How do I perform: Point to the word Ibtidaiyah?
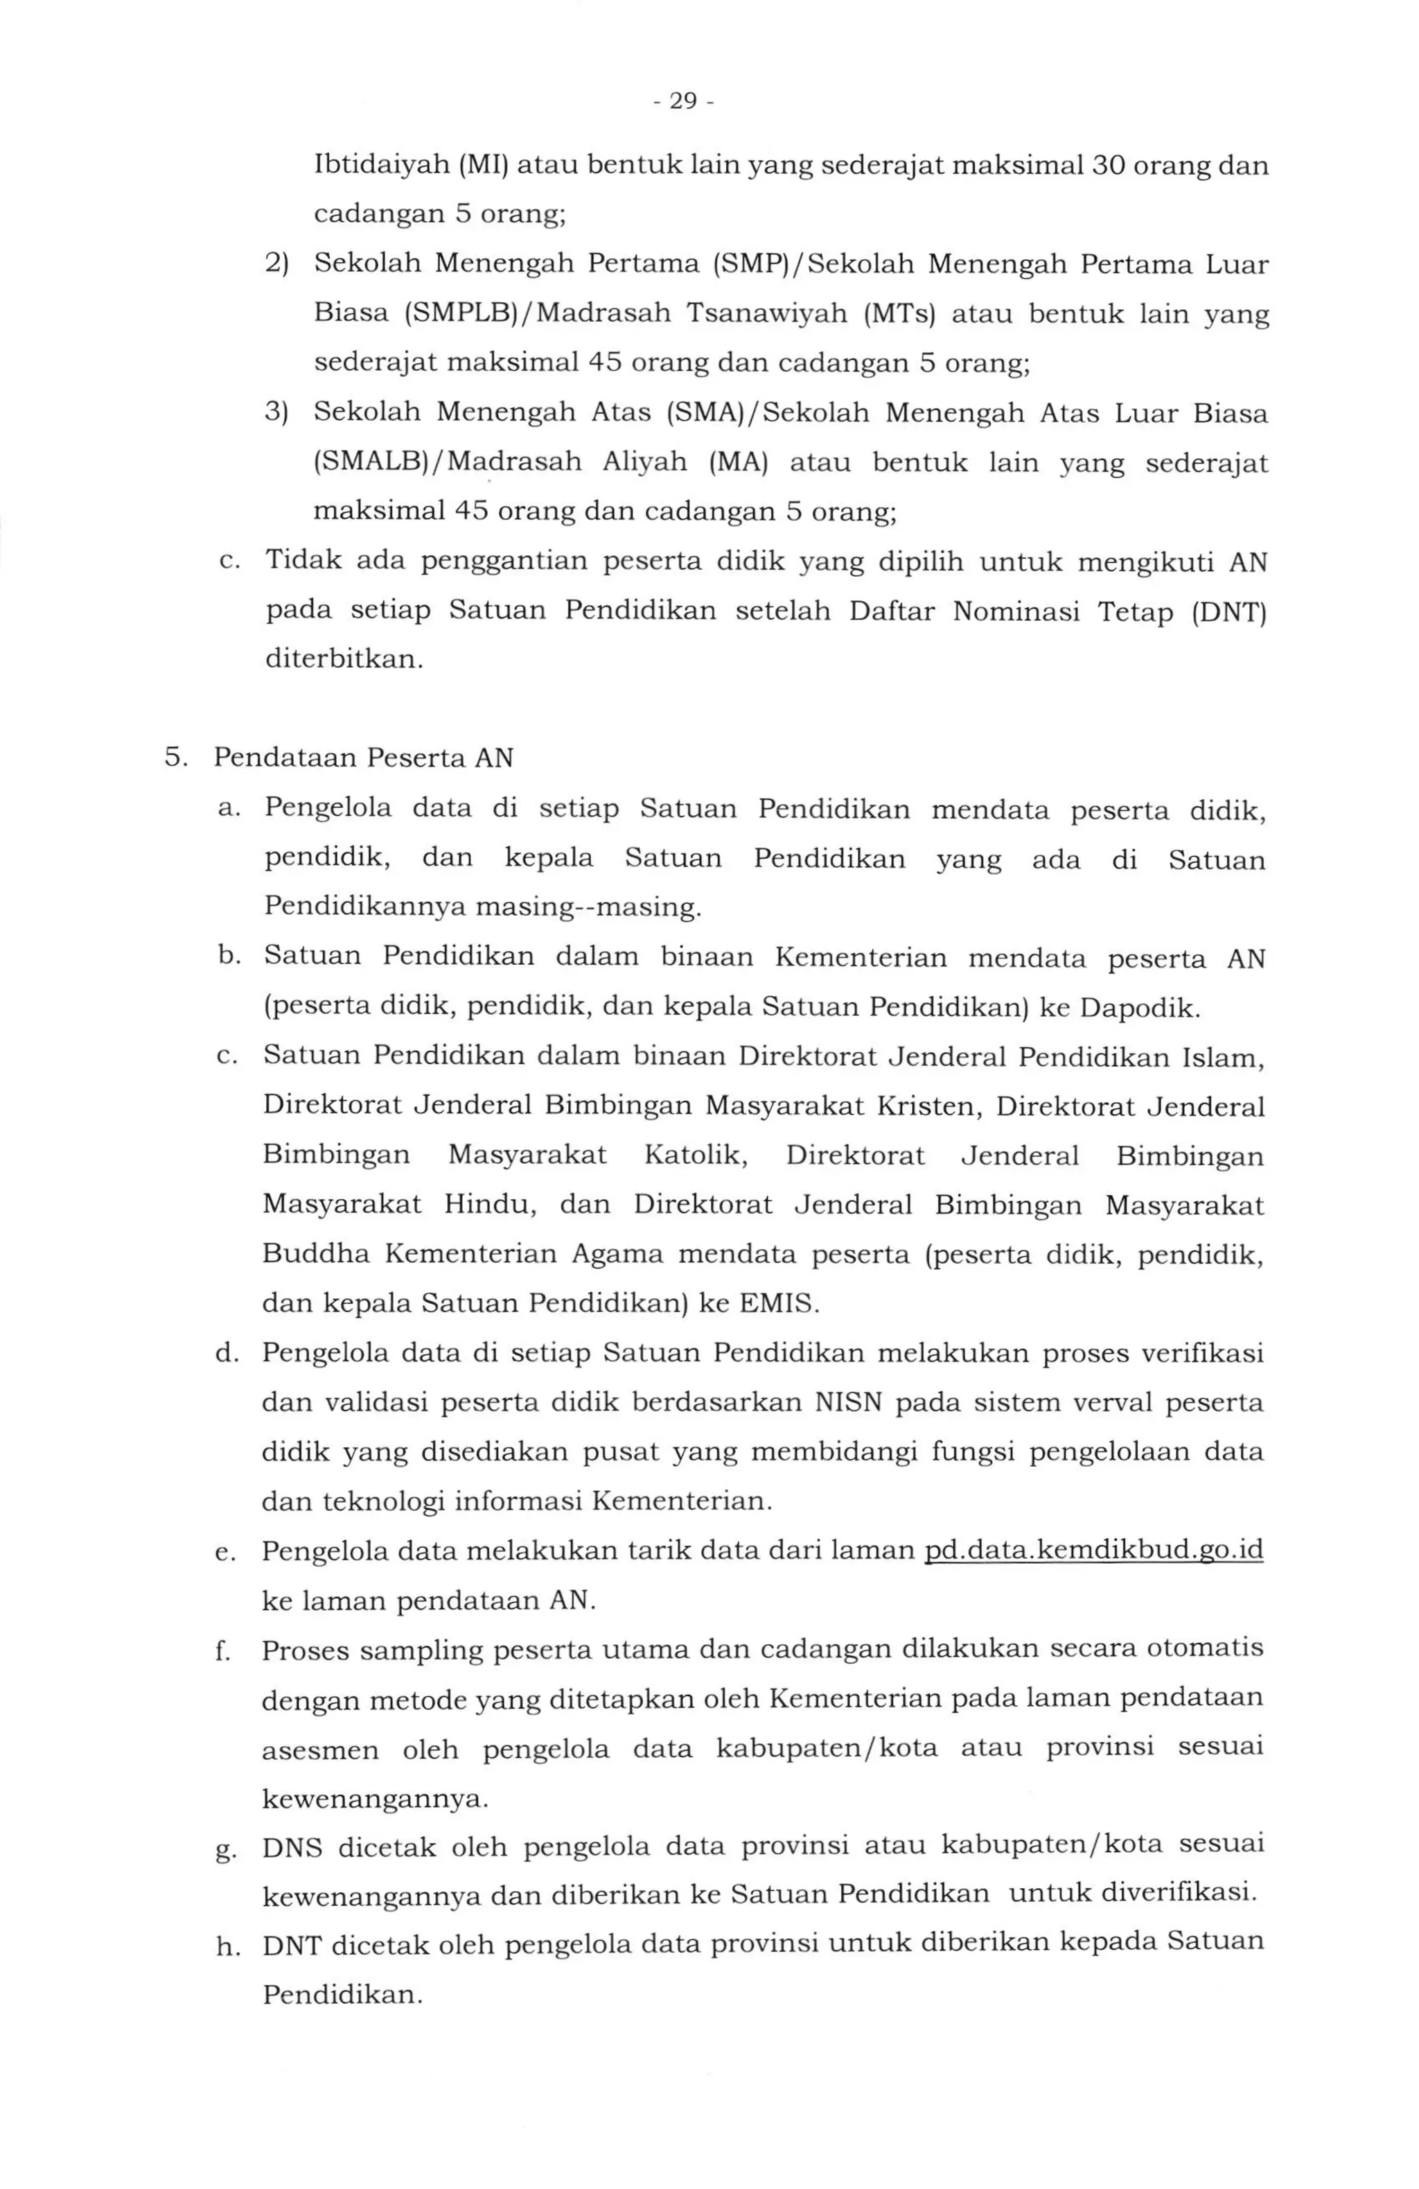380,166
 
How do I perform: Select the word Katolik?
696,1155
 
